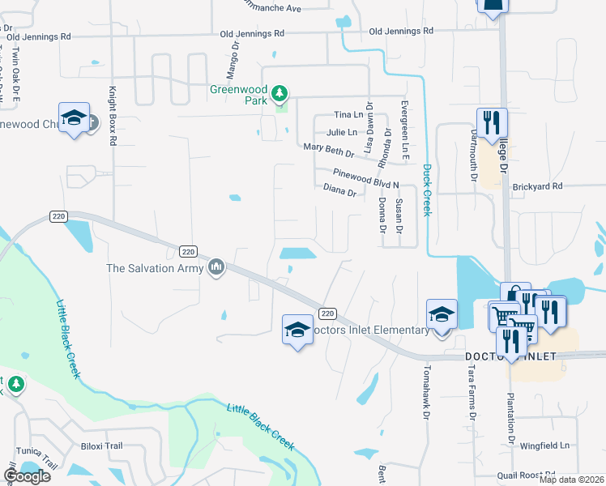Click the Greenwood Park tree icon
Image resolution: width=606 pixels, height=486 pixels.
pos(280,94)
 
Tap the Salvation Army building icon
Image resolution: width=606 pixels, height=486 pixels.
pos(216,267)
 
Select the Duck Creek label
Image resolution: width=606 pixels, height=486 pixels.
pos(427,191)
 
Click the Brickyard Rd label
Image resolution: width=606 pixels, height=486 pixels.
pos(537,186)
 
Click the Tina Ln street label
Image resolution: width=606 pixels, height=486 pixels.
pos(348,115)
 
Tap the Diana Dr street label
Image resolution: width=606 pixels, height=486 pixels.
pos(340,192)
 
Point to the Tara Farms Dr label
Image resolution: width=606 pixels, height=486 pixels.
pos(471,392)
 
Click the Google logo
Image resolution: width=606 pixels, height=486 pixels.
pos(27,476)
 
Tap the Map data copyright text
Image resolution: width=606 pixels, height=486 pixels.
pos(571,480)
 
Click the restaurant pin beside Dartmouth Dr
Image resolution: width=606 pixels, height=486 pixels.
pos(491,122)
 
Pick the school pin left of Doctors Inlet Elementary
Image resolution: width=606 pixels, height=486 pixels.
pos(297,330)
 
